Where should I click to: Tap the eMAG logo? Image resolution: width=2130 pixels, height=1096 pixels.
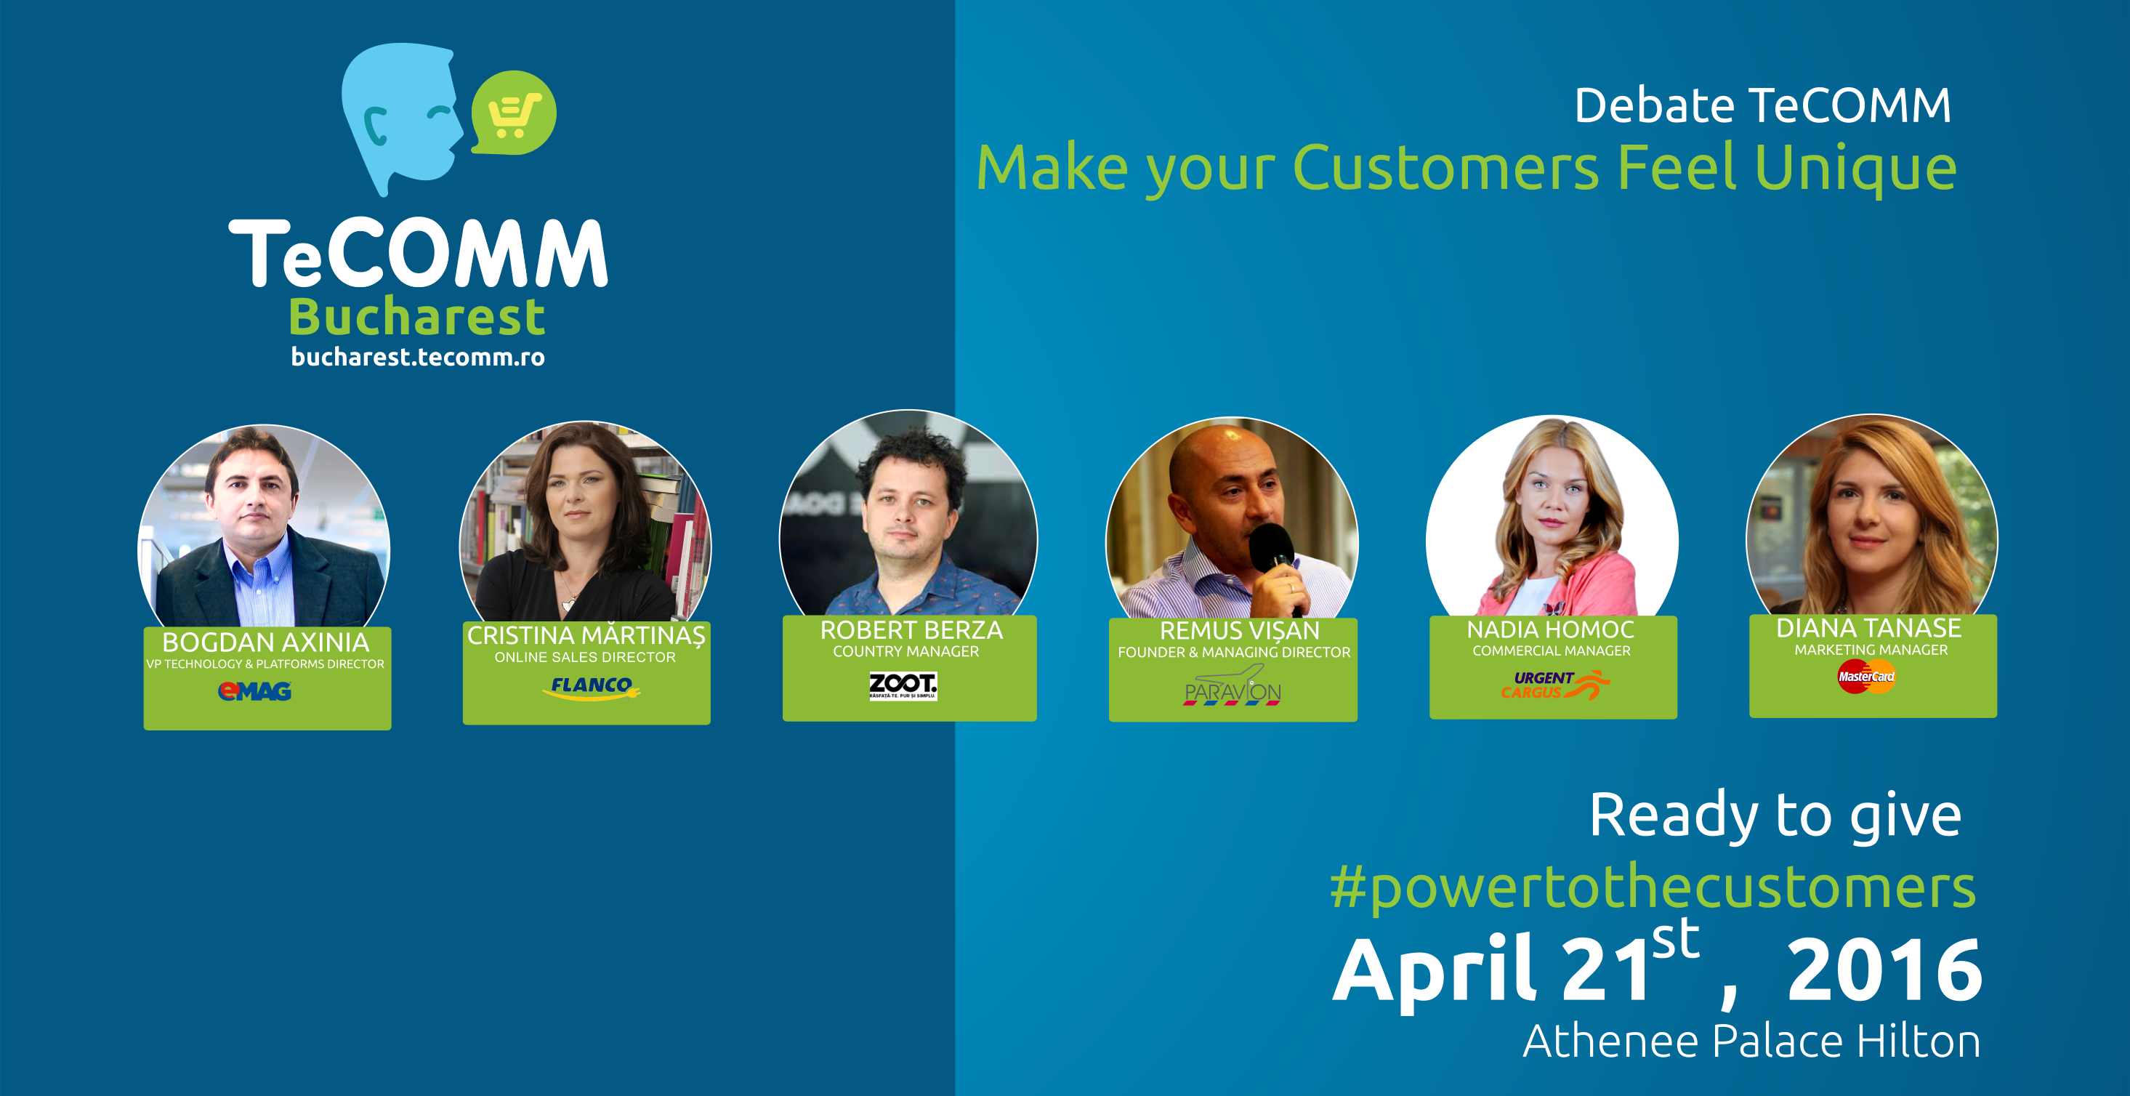click(x=254, y=690)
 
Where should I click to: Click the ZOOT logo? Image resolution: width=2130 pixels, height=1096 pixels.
click(x=903, y=685)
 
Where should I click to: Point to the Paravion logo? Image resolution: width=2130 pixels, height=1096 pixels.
click(x=1232, y=687)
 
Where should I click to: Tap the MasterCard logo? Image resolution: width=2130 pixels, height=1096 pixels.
click(x=1866, y=677)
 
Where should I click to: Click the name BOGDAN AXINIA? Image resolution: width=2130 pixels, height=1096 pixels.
click(x=265, y=642)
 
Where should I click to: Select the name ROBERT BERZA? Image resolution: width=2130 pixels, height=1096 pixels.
click(x=911, y=630)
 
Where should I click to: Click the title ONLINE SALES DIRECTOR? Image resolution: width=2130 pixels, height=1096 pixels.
click(x=586, y=657)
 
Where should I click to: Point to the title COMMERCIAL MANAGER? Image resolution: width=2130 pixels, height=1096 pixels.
click(x=1552, y=651)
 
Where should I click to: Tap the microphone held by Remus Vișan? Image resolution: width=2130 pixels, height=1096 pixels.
click(x=1274, y=555)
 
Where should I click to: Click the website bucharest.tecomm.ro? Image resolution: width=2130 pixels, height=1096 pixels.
click(x=418, y=358)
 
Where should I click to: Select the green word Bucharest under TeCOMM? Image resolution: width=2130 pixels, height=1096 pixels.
click(x=416, y=317)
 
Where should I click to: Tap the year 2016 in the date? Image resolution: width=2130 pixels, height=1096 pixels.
click(x=1884, y=970)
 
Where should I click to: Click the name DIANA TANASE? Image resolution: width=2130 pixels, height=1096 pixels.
click(x=1868, y=628)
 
